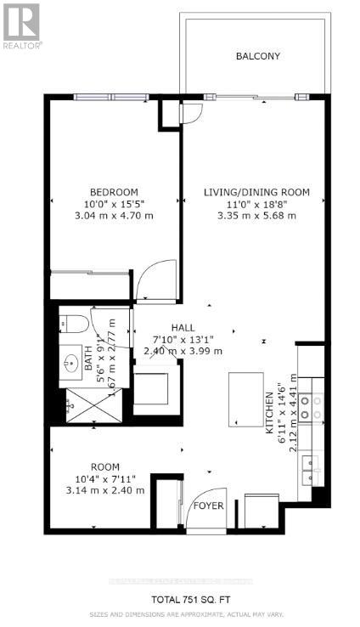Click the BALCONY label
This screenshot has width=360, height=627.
coord(257,56)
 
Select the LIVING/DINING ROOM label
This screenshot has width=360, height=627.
coord(256,192)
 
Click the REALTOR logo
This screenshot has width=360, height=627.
coord(20,24)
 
